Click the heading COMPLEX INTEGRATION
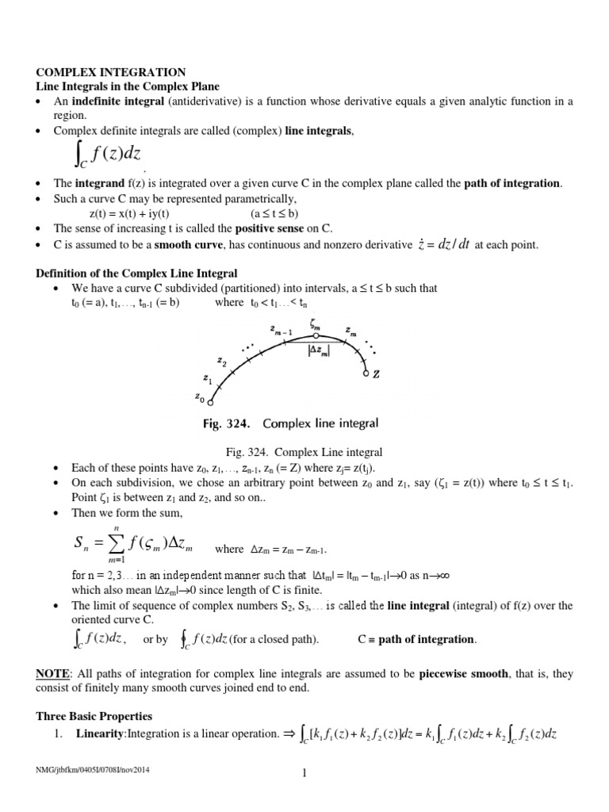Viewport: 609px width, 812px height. click(x=111, y=72)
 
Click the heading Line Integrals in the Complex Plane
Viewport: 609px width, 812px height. click(x=128, y=86)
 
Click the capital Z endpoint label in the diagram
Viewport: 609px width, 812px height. click(x=377, y=375)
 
